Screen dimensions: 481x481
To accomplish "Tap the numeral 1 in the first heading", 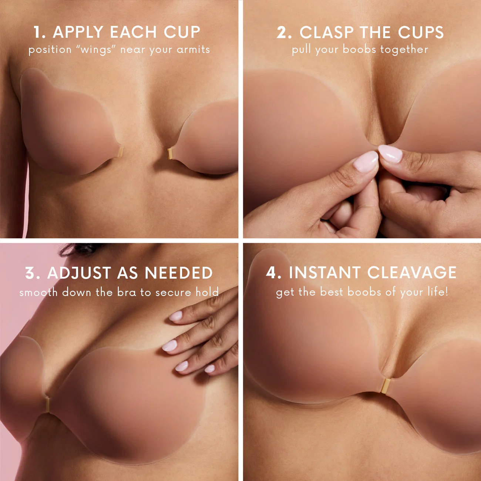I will tap(38, 32).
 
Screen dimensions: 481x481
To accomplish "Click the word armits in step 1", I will tap(193, 50).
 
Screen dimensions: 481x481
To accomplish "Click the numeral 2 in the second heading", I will tap(283, 33).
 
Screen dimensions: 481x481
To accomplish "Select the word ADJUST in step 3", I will tap(79, 273).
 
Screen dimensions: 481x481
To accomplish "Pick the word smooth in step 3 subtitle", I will tap(38, 292).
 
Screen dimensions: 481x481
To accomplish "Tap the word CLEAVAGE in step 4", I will tap(412, 273).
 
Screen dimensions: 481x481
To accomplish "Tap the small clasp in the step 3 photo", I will tap(47, 404).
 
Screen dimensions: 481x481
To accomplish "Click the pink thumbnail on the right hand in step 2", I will tap(390, 154).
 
